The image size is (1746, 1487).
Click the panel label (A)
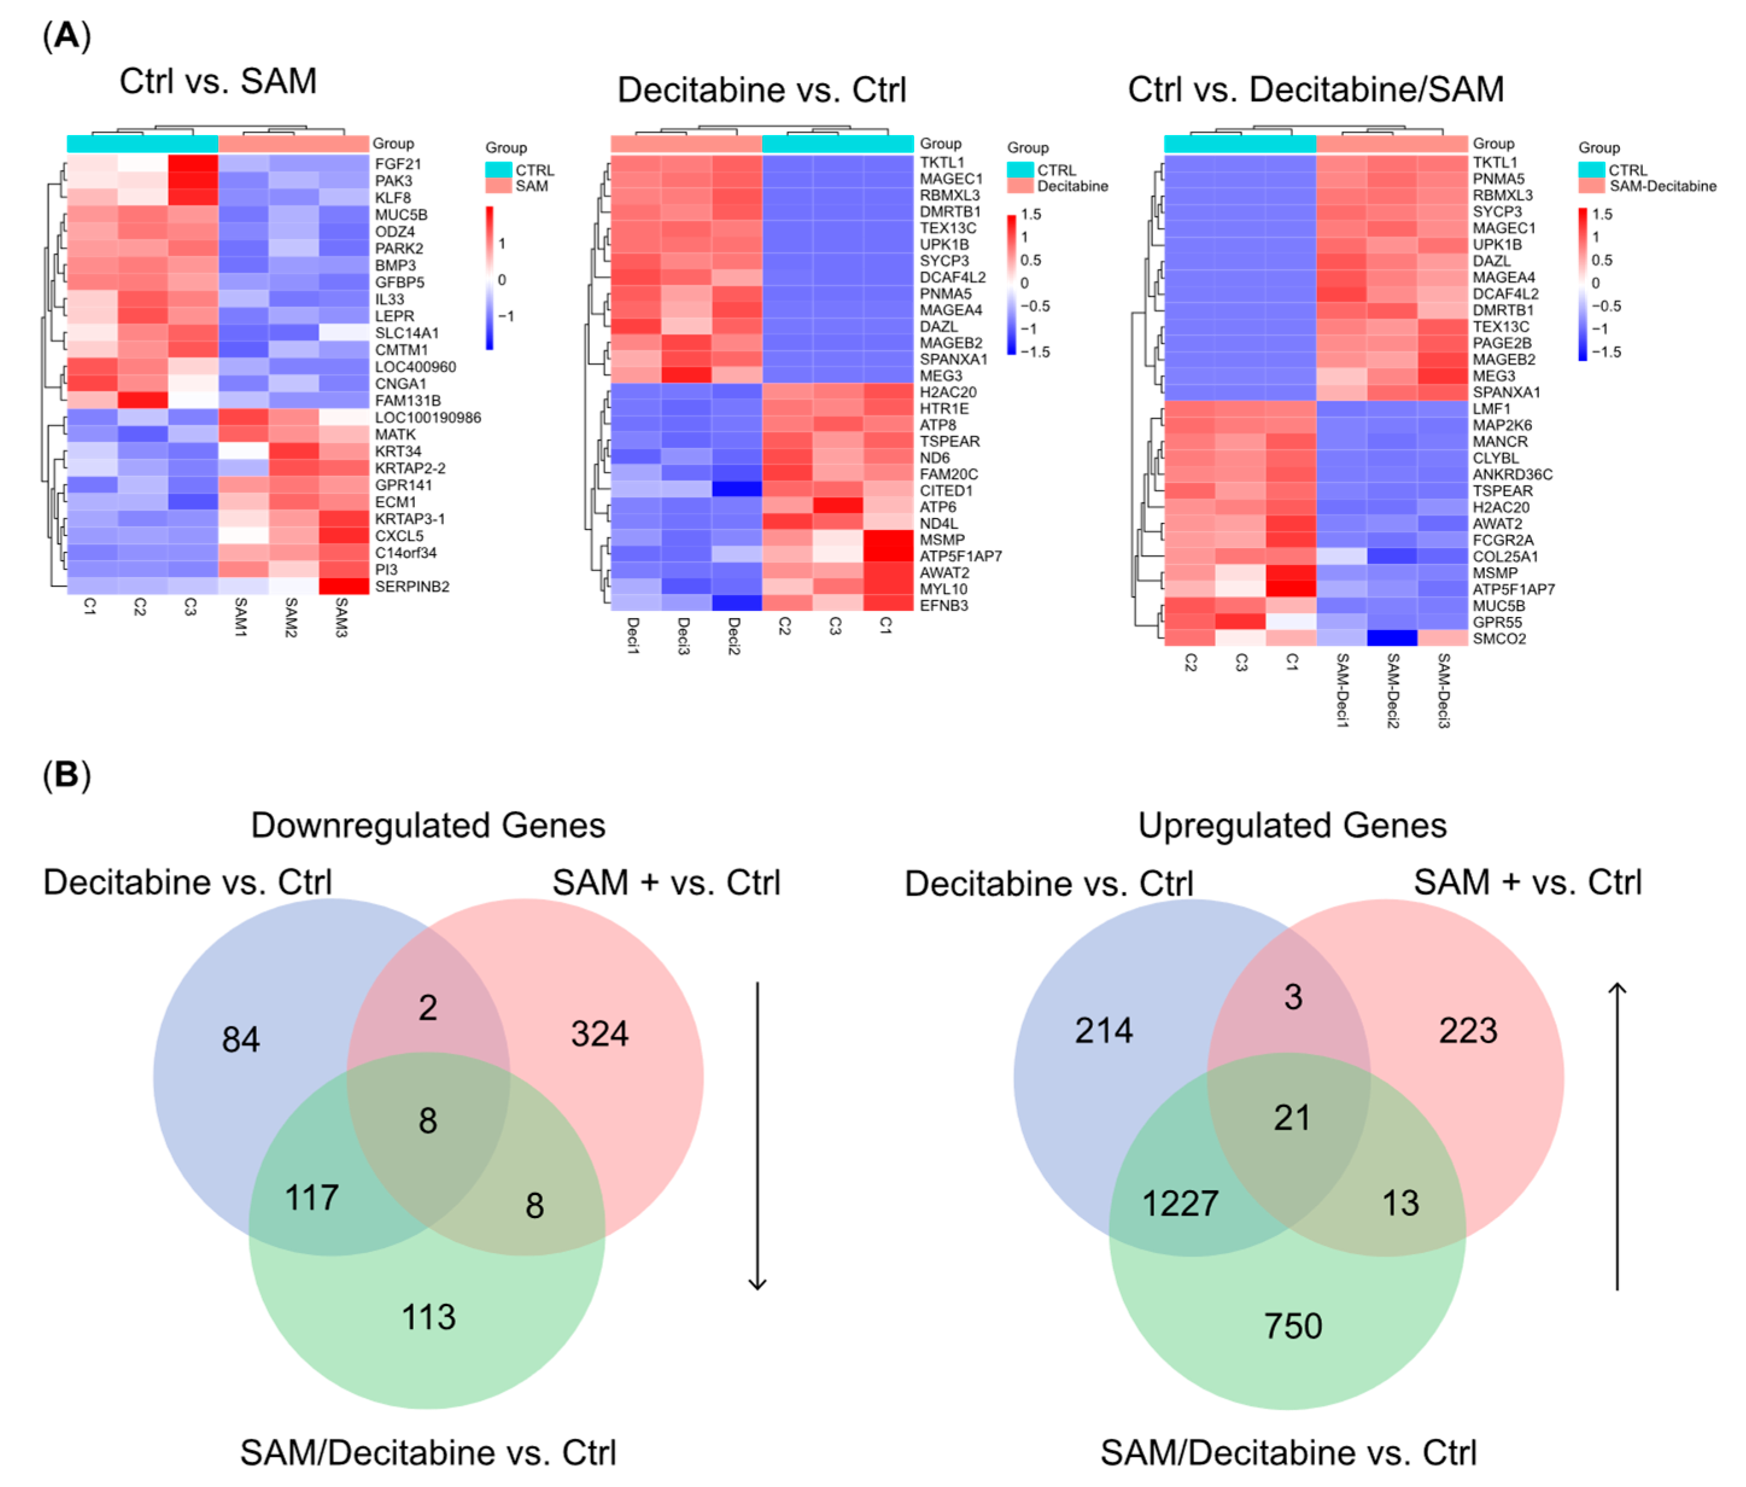(x=66, y=36)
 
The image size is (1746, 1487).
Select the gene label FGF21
(x=397, y=164)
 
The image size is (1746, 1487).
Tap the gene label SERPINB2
(x=412, y=586)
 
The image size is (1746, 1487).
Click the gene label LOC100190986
(x=427, y=418)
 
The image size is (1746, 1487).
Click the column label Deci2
(x=733, y=636)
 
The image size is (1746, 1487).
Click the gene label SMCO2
(x=1499, y=639)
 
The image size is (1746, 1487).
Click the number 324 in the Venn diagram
(x=599, y=1034)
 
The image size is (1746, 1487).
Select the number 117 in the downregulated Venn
(x=312, y=1197)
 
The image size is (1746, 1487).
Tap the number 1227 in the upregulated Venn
(x=1180, y=1203)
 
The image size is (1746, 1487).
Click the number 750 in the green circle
(x=1292, y=1326)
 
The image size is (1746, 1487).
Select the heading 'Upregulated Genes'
(x=1292, y=826)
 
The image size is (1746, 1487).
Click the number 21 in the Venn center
(x=1292, y=1118)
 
